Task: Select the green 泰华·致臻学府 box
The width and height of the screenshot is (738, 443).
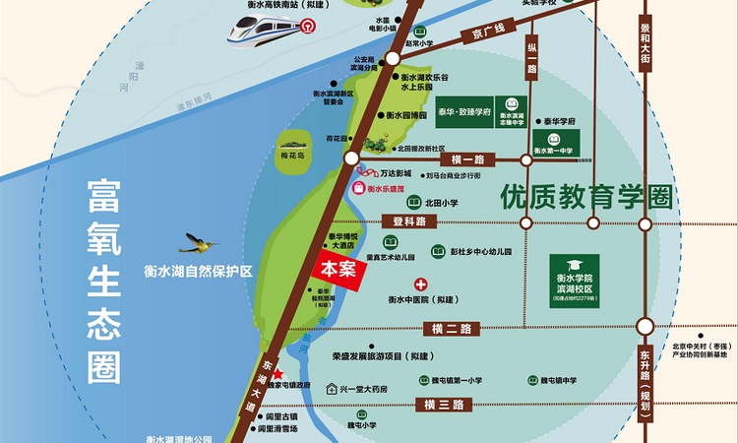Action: click(458, 113)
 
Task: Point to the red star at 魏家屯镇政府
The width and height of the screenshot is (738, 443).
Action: click(277, 374)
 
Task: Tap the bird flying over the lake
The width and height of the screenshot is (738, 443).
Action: click(201, 241)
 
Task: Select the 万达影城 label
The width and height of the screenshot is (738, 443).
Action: click(391, 172)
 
